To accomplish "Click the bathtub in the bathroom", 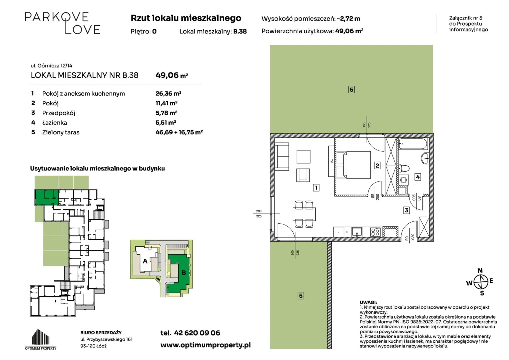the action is [x=413, y=144].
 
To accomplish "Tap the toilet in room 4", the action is [x=404, y=168].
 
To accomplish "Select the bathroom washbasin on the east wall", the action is [x=425, y=158].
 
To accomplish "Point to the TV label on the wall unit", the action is [x=332, y=161].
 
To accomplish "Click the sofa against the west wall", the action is [x=282, y=156].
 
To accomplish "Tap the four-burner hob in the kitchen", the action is [x=375, y=232].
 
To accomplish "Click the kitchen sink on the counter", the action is [x=357, y=232].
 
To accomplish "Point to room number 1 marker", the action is [x=316, y=188].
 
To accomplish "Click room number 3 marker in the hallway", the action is [x=407, y=210].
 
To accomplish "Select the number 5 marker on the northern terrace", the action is [x=351, y=90].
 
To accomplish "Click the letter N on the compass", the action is [x=480, y=271].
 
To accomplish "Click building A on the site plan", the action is [x=145, y=261].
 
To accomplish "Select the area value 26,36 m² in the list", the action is [x=168, y=93].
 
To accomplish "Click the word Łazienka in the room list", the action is [x=55, y=123].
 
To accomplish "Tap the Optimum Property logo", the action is [x=41, y=340].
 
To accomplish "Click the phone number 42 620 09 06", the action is [x=197, y=333].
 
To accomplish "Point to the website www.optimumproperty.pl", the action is [x=206, y=345].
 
